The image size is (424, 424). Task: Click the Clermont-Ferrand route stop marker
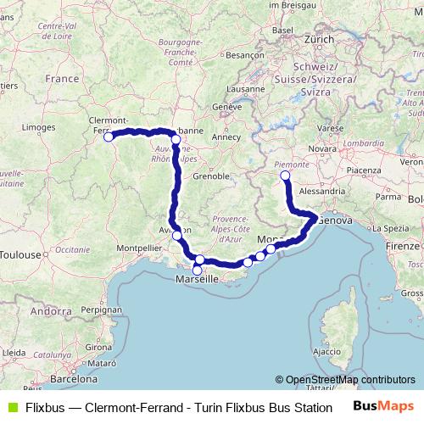point(109,137)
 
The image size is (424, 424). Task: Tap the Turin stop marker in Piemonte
point(285,176)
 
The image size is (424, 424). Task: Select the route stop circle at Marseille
point(198,270)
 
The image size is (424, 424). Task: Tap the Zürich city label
point(320,39)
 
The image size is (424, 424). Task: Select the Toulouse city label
point(20,254)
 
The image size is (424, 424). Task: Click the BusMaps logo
point(383,406)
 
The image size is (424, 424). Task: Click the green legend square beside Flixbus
point(10,406)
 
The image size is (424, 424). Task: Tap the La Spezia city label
point(386,228)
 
